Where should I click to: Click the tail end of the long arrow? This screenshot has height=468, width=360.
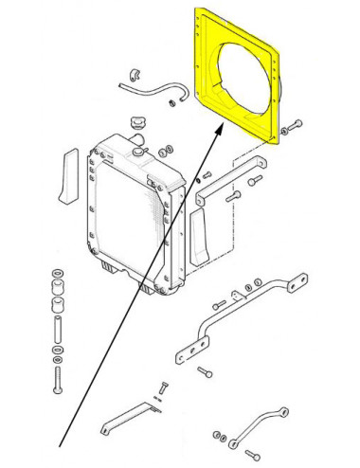pyautogui.click(x=63, y=445)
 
